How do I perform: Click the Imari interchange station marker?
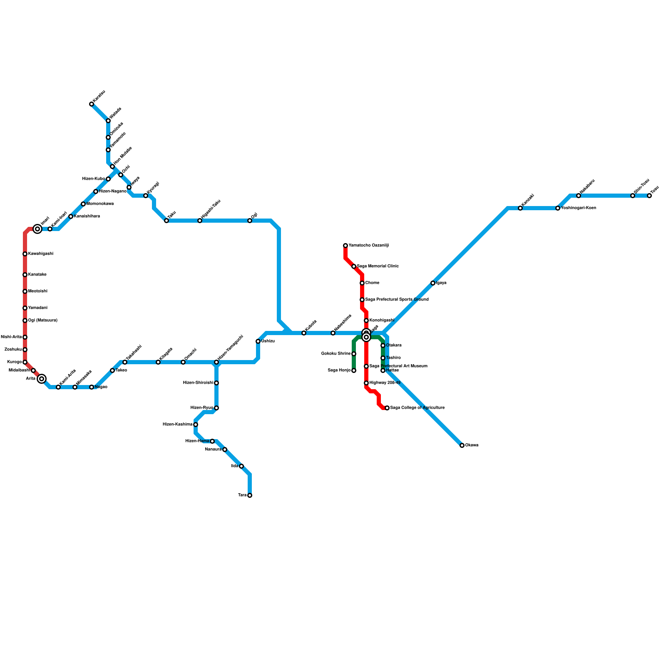(37, 229)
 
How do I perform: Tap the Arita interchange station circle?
(42, 379)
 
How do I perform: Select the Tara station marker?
(250, 495)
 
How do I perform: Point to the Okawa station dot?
(462, 445)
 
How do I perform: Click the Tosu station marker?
(649, 196)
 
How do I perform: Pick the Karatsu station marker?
(92, 104)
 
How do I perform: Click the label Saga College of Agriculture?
(417, 408)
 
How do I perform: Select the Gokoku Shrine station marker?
(354, 354)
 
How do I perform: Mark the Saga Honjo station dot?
(354, 370)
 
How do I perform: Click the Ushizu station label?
(268, 341)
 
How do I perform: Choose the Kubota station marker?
(304, 333)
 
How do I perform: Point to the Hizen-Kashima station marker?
(196, 425)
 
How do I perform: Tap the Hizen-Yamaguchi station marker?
(216, 362)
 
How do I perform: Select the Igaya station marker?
(433, 283)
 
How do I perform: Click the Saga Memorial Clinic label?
(378, 266)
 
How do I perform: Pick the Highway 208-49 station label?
(385, 383)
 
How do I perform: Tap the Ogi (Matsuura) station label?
(42, 321)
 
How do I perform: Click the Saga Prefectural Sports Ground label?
(397, 300)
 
